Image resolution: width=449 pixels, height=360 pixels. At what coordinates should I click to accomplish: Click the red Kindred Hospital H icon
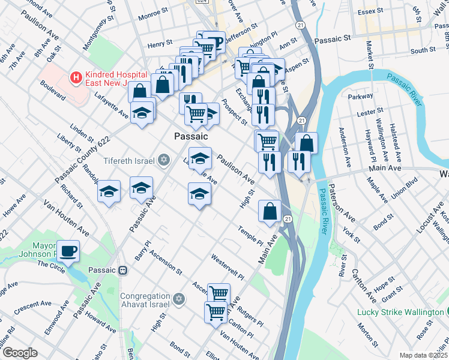[x=76, y=77]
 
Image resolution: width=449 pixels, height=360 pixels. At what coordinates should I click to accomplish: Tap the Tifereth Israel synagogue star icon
[x=163, y=160]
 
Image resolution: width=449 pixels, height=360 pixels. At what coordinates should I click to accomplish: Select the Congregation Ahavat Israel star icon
[x=178, y=299]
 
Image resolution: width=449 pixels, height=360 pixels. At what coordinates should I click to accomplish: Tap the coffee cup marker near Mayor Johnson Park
[x=68, y=250]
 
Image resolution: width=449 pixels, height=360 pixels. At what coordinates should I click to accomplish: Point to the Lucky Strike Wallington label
[x=400, y=312]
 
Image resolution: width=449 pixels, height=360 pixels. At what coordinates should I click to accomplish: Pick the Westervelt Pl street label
[x=228, y=268]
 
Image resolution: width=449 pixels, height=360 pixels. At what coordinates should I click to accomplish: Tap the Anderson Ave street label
[x=346, y=146]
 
